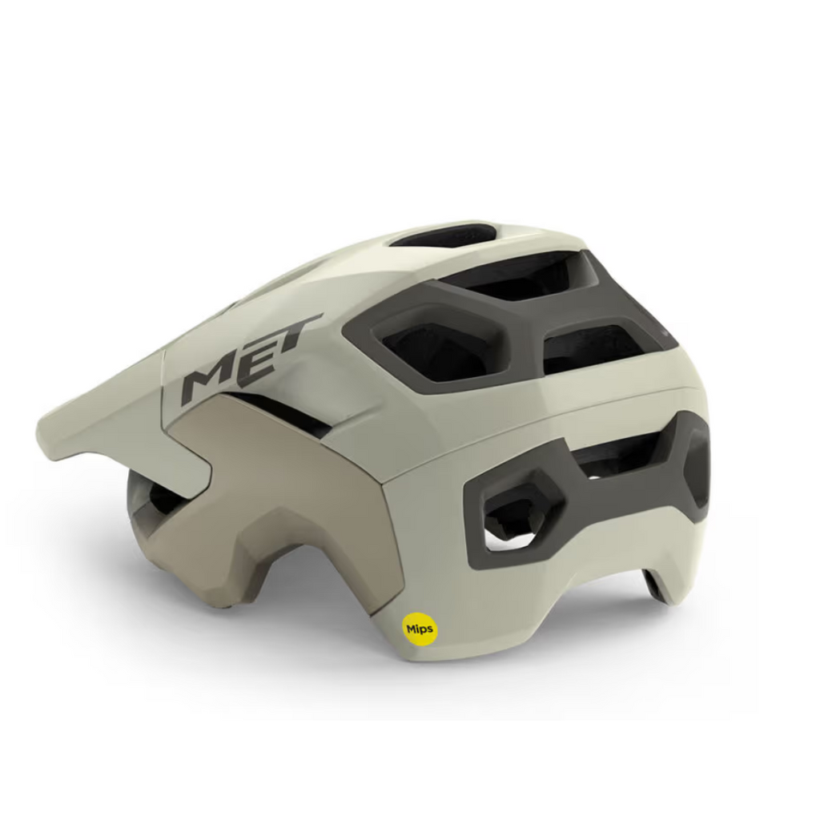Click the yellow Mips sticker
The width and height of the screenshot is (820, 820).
pyautogui.click(x=418, y=629)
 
